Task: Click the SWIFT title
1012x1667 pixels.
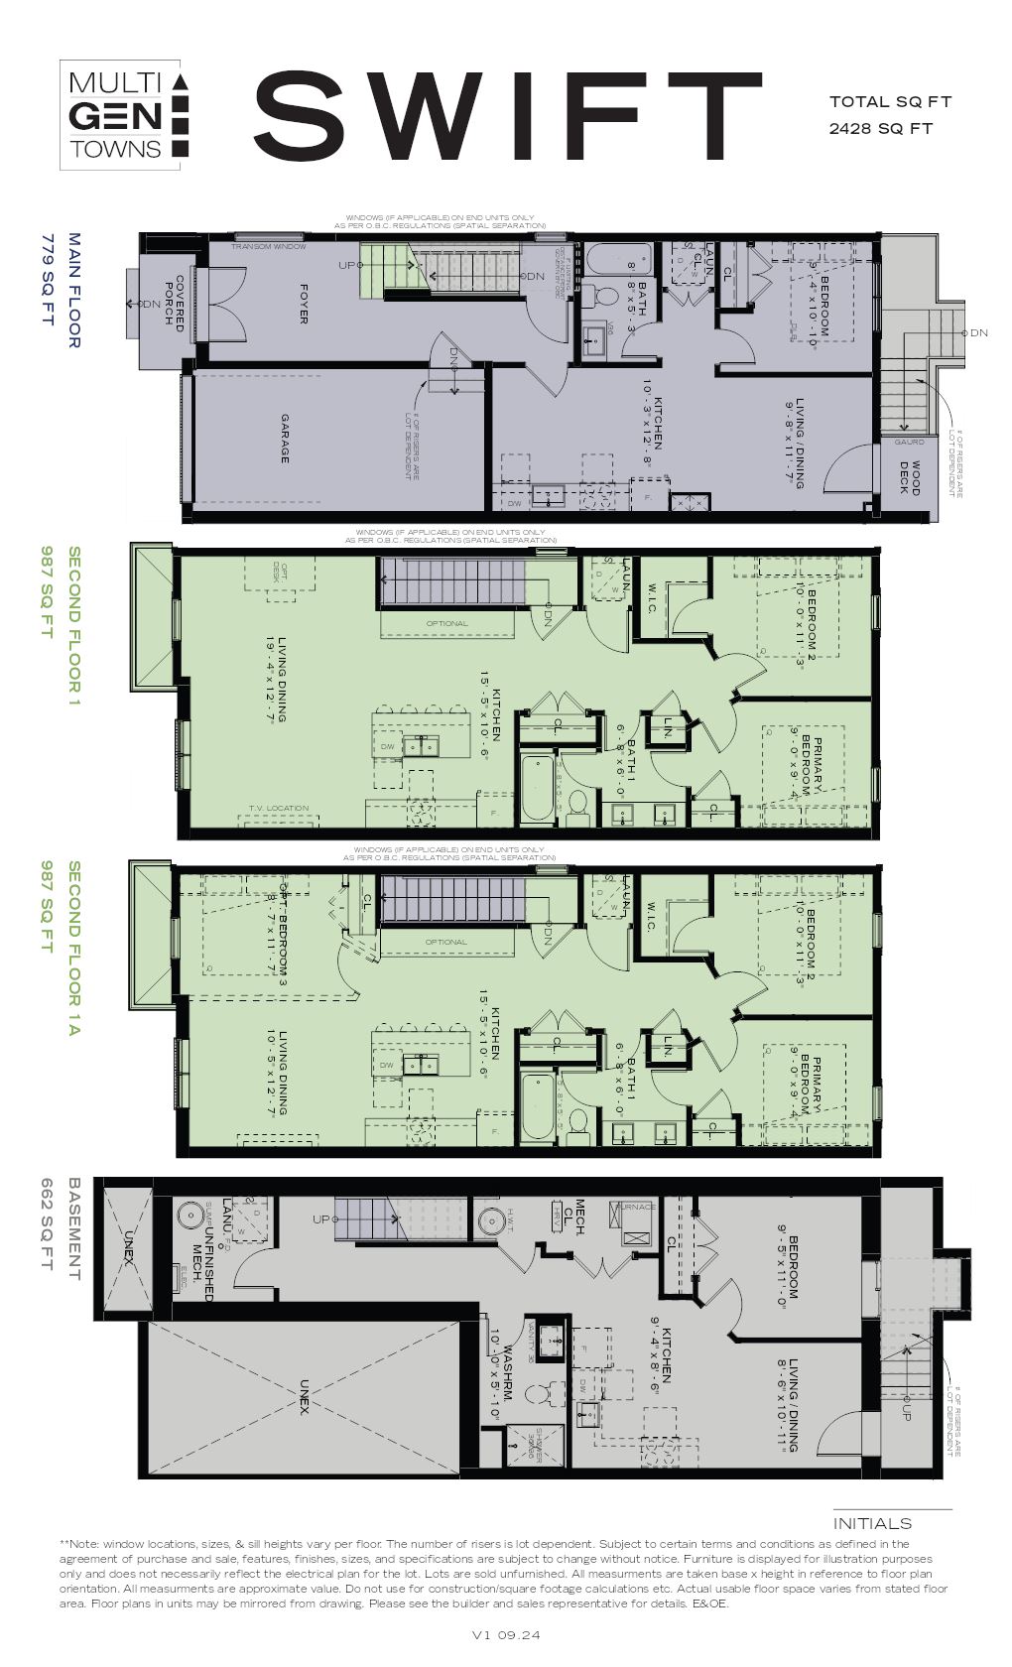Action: pos(506,116)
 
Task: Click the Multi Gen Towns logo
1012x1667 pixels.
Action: pos(121,116)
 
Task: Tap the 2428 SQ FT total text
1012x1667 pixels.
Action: pos(881,128)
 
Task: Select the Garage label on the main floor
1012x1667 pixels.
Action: pos(285,439)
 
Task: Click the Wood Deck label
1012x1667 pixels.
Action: pos(910,477)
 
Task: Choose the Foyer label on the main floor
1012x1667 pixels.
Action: pos(304,303)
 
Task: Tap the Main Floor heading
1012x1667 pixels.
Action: pos(74,290)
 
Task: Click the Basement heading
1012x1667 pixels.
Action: pos(74,1228)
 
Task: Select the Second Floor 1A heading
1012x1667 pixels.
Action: pos(72,949)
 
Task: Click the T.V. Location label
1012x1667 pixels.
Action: pos(279,809)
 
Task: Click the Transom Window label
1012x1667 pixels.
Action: pos(269,246)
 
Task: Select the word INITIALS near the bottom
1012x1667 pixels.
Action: pos(872,1524)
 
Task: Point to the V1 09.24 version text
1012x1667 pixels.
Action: pos(506,1635)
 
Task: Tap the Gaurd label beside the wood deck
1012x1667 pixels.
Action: pos(909,442)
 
